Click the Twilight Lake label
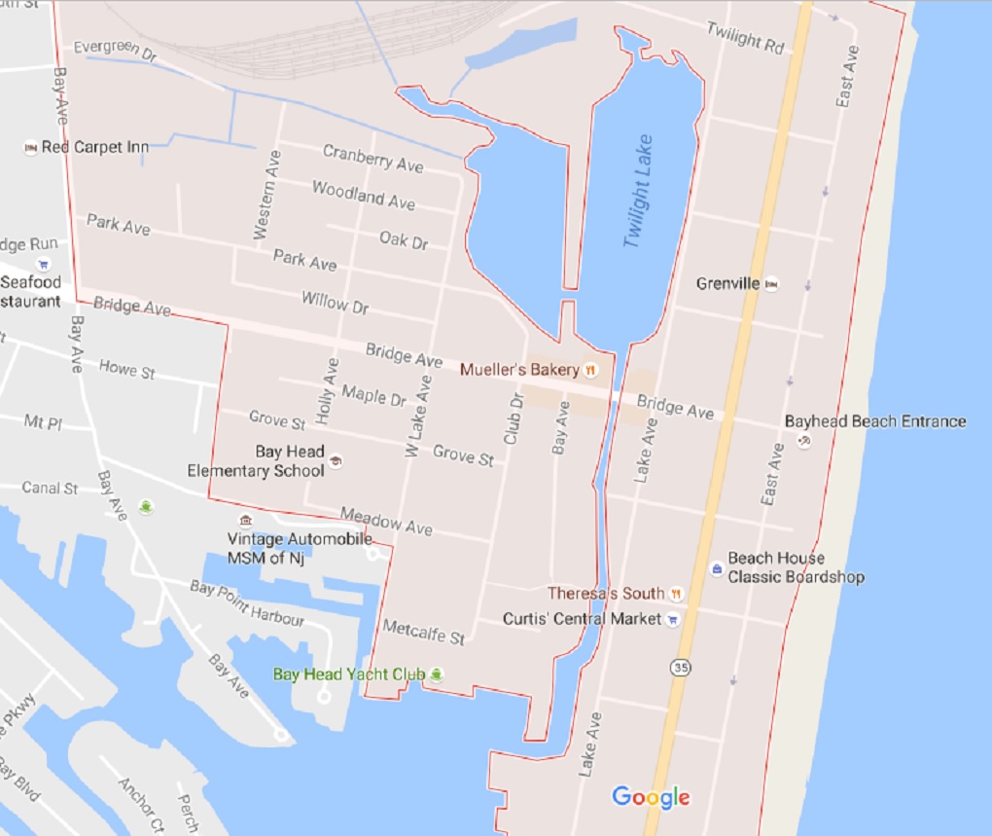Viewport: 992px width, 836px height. [x=638, y=191]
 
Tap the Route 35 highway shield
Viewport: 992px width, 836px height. [x=680, y=668]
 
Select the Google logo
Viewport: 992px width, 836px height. [x=651, y=797]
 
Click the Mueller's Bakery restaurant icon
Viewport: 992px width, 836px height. [x=590, y=370]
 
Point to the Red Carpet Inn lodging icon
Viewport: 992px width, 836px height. [x=30, y=147]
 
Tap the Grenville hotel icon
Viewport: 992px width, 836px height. [x=771, y=284]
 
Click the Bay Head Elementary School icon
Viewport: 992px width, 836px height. [x=336, y=460]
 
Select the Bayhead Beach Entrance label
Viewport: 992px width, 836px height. [x=875, y=421]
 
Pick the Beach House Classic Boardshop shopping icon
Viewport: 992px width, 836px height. [x=716, y=567]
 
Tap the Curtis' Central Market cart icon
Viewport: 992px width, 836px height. [x=672, y=619]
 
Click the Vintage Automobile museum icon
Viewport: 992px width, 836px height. [x=246, y=521]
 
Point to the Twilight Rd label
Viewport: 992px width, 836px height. [x=746, y=39]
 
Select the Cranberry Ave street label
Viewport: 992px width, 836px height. [x=372, y=158]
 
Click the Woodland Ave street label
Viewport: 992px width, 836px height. [x=363, y=195]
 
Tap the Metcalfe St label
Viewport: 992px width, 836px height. [x=424, y=632]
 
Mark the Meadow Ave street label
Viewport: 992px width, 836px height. [x=386, y=521]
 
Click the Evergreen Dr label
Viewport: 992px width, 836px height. [x=115, y=51]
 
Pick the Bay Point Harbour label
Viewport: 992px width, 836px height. [x=247, y=602]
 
